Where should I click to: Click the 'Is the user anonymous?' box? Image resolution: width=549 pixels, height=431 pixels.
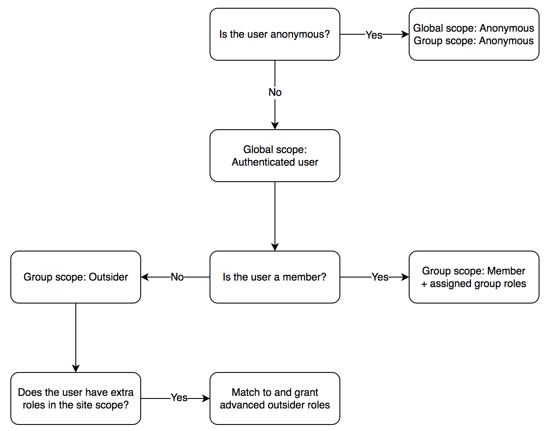pos(274,34)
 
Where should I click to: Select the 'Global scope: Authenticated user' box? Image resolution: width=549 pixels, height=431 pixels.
pos(274,156)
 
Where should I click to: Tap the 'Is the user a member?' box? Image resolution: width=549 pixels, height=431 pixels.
pos(274,277)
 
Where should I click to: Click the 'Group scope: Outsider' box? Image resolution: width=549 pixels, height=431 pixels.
pos(76,277)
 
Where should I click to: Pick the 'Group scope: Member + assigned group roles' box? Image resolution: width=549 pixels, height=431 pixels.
pos(474,277)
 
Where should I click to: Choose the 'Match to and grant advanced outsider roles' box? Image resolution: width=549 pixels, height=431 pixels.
pos(274,398)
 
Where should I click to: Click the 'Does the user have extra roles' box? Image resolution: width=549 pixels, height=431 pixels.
pos(76,398)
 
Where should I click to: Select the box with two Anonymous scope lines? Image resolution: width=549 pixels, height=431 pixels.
pos(474,34)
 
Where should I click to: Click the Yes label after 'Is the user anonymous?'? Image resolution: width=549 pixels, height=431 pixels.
pos(374,35)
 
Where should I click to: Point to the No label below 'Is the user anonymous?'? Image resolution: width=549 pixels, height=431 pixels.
pos(275,92)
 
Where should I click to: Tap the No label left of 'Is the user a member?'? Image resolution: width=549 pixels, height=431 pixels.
pos(177,277)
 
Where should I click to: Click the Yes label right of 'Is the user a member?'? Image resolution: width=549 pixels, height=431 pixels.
pos(380,277)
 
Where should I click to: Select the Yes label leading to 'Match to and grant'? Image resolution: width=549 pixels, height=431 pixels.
pos(179,398)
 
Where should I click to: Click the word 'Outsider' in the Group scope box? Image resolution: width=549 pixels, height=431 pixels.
pos(108,277)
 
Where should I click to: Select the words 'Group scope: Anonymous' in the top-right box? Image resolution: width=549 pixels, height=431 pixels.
pos(474,41)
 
